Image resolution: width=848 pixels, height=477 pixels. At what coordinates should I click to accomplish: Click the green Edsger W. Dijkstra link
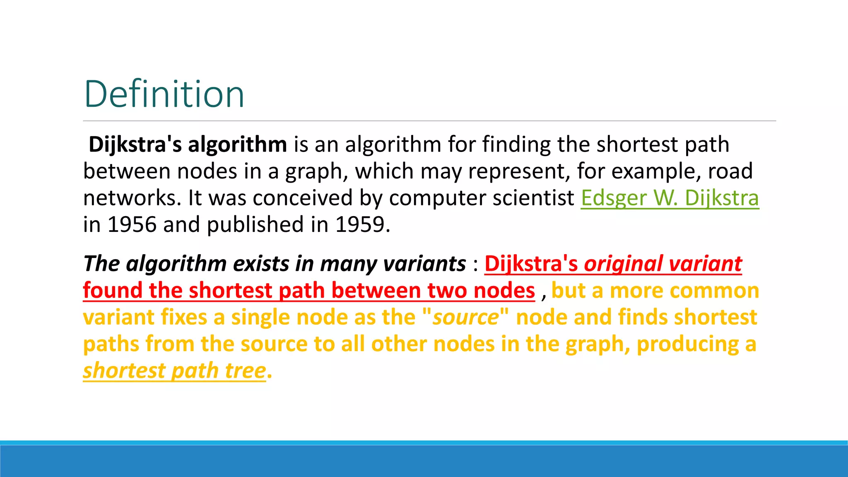point(670,198)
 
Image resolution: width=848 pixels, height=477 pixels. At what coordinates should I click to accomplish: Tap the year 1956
point(132,224)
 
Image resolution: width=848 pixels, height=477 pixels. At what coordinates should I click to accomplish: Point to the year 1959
point(360,224)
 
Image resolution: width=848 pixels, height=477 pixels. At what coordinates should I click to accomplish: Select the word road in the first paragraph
point(730,171)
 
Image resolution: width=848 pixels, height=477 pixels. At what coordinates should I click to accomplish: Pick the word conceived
point(302,198)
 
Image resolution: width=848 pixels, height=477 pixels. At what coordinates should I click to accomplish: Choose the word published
point(255,225)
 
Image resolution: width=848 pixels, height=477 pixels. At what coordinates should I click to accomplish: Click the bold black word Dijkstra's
point(135,145)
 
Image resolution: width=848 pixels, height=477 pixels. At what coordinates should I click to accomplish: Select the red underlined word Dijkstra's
point(531,264)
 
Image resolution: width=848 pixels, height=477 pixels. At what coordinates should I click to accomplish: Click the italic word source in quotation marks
point(465,317)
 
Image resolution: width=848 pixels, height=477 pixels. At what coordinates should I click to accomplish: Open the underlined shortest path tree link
point(174,371)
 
